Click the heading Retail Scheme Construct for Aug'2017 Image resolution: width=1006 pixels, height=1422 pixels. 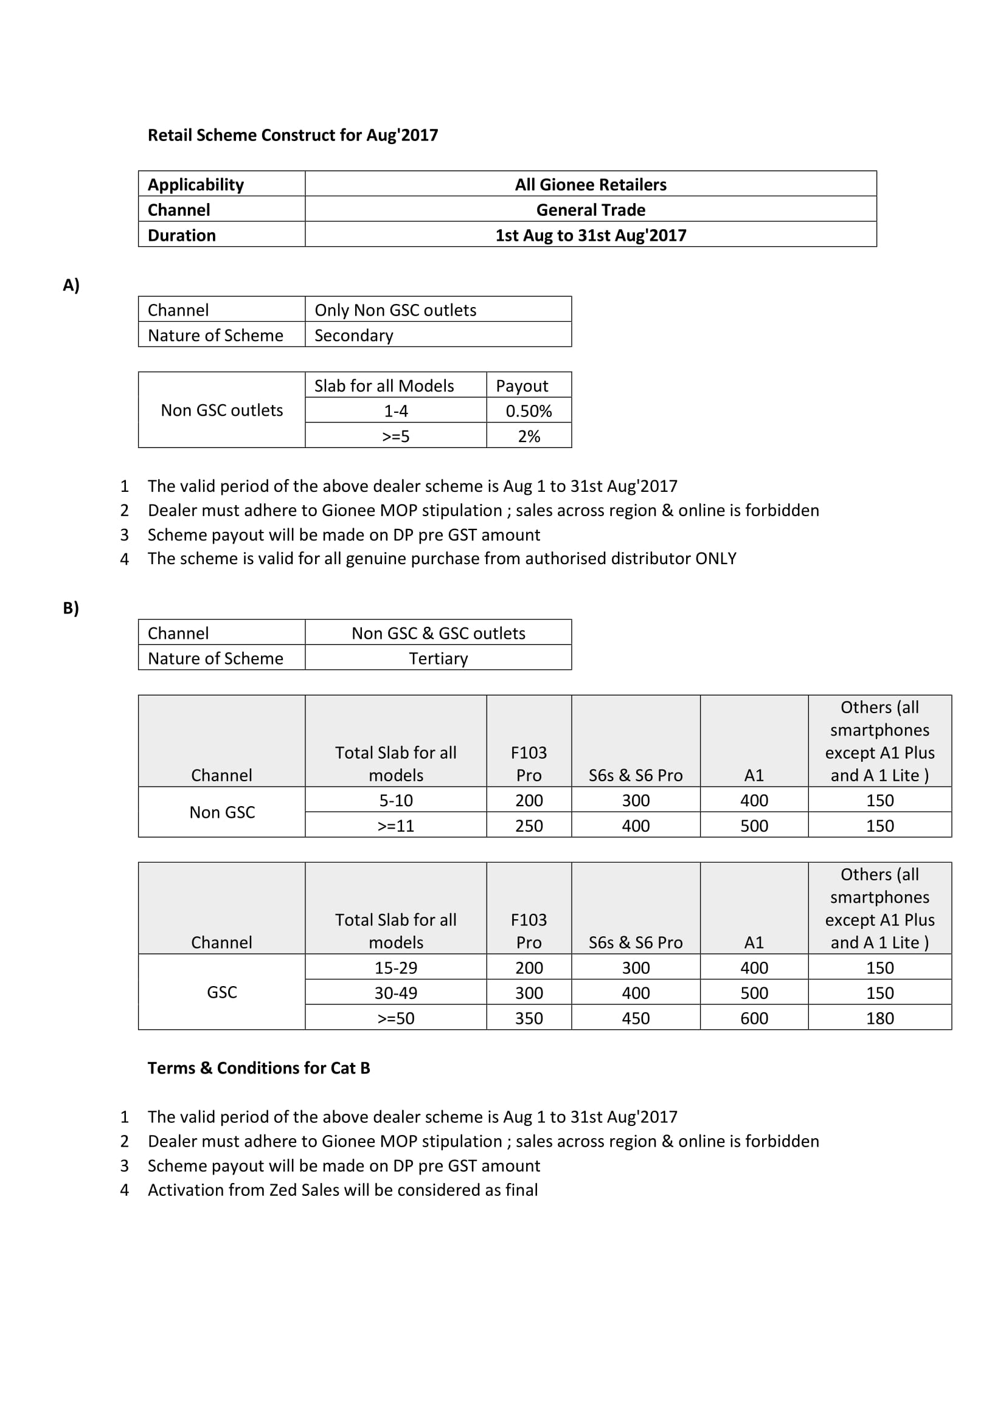point(293,135)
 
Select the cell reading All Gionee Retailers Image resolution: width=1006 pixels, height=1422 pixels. point(591,185)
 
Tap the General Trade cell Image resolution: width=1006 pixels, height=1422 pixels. point(591,210)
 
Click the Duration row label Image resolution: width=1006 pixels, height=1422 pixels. point(181,235)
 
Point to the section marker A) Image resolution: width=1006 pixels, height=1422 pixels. point(71,285)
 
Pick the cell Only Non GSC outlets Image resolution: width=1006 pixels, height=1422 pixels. point(395,309)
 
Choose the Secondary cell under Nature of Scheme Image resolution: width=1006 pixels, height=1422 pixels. point(354,335)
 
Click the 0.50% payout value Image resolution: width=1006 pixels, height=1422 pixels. point(529,410)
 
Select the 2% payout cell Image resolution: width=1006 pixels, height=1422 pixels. point(529,436)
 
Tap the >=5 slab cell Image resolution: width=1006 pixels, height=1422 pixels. point(395,436)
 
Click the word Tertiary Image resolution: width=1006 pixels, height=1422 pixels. point(438,658)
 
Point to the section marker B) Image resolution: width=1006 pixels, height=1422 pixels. point(71,607)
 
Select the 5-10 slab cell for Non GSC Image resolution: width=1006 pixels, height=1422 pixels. point(395,800)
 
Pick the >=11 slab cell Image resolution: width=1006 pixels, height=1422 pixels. point(395,826)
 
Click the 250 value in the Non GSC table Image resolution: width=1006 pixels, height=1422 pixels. point(529,826)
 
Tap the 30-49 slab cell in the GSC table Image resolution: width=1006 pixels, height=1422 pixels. point(395,993)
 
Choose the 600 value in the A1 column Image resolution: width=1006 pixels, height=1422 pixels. point(754,1018)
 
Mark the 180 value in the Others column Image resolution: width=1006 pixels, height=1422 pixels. point(879,1018)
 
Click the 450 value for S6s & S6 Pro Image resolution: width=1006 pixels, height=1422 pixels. point(636,1018)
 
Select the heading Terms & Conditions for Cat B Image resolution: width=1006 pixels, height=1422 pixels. point(258,1068)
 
